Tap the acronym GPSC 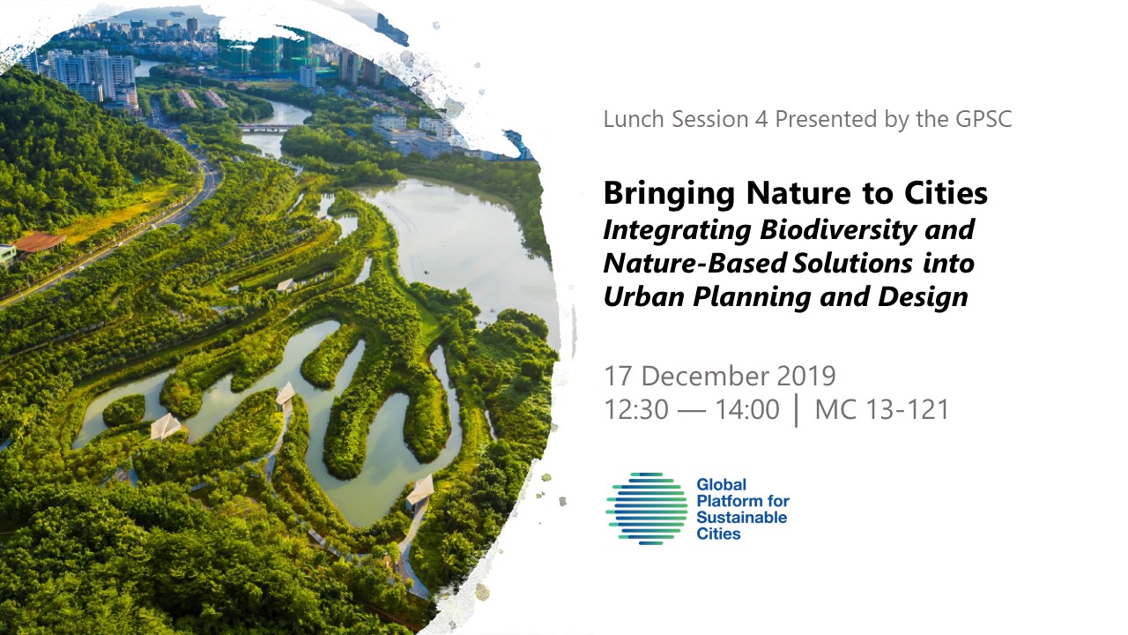983,119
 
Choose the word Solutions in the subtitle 852,263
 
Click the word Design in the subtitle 923,297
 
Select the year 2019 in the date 806,376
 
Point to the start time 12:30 636,409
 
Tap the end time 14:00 747,409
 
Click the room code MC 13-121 882,409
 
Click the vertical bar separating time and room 797,410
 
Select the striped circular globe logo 647,509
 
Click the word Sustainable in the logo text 742,518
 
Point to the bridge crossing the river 267,127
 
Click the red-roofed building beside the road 40,242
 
